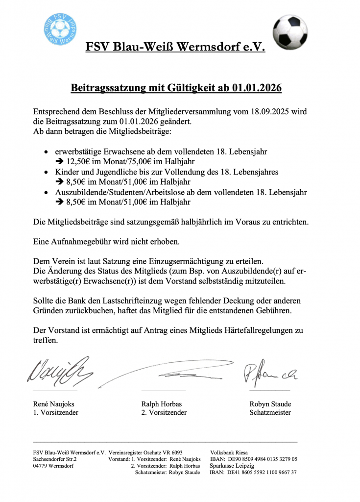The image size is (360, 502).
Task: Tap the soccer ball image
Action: point(290,32)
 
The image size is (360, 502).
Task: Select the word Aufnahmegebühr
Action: point(79,242)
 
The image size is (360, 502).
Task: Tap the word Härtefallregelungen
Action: point(254,330)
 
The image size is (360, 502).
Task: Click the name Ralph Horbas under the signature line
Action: point(161,404)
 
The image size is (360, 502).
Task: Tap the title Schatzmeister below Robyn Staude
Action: point(270,413)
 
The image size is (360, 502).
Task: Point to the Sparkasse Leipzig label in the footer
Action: point(232,466)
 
